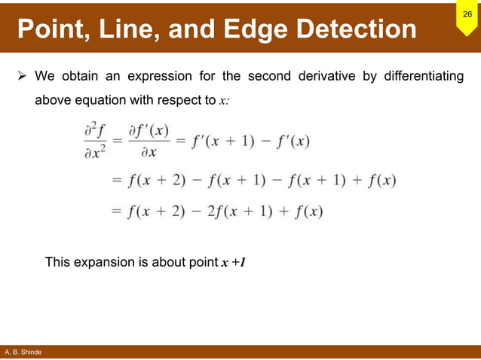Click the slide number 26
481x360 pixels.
pos(467,15)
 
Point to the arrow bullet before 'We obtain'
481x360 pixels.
pos(22,76)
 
